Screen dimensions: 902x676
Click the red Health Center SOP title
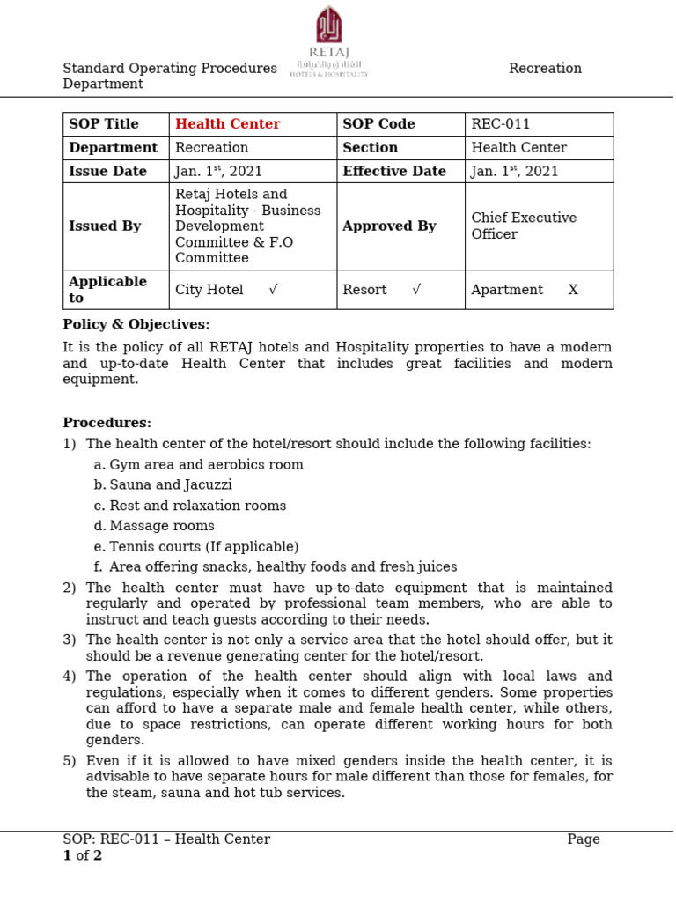click(227, 124)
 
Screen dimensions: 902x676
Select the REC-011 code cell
click(501, 124)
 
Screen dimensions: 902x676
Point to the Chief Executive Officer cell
click(524, 226)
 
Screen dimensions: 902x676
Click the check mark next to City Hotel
click(274, 290)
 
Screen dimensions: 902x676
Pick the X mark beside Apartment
click(573, 290)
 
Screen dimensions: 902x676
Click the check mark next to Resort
click(416, 290)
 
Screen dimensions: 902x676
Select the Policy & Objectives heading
click(136, 325)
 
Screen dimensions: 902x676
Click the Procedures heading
click(107, 423)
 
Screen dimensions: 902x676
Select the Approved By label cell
click(389, 226)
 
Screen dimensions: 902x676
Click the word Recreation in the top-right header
click(545, 69)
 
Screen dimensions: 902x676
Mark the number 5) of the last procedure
click(70, 761)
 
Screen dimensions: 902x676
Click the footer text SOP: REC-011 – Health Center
click(166, 839)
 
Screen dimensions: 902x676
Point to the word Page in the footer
click(584, 839)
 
